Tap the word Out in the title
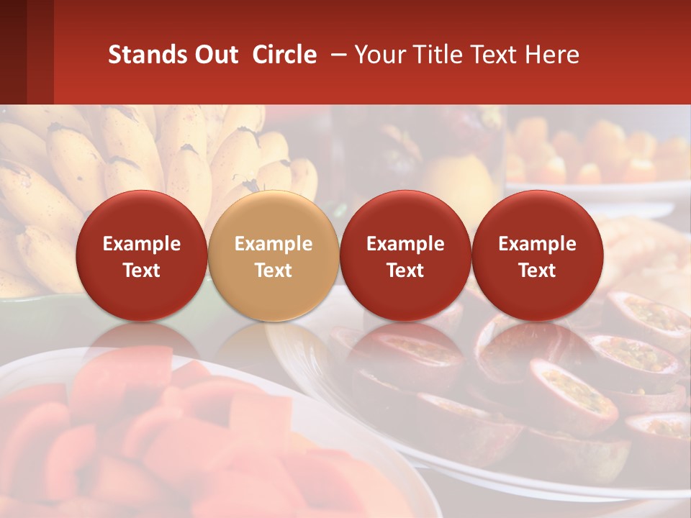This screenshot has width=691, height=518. (x=215, y=55)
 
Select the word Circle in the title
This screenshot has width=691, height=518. (x=284, y=55)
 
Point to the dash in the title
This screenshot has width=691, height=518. (x=335, y=55)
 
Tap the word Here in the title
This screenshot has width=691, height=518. (x=551, y=55)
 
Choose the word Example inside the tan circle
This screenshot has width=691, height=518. (x=273, y=244)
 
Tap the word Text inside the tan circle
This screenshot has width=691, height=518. (x=273, y=271)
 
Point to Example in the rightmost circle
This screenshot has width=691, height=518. (x=537, y=244)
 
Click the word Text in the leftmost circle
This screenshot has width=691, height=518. (x=141, y=271)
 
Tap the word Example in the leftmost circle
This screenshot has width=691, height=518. (x=141, y=244)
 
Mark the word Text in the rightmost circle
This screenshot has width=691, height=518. (x=537, y=271)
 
